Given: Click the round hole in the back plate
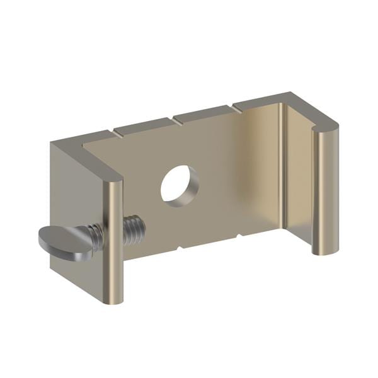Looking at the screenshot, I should pos(180,183).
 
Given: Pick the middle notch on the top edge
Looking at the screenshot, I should pos(175,117).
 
